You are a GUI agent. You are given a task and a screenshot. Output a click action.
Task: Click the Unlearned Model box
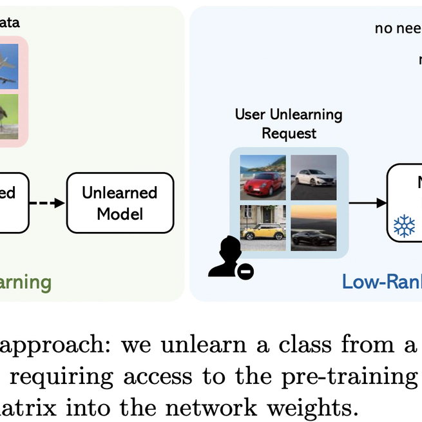pos(120,202)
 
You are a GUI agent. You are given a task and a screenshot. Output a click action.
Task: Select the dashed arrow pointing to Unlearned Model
pos(48,203)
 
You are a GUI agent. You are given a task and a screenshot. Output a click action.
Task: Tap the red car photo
pos(263,177)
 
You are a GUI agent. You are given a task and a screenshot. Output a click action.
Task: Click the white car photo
pos(313,177)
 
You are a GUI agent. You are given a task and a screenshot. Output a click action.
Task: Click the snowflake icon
pos(405,225)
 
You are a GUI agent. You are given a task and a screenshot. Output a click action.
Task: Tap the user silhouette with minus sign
pos(230,258)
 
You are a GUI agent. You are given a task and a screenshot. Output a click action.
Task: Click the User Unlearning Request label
pos(288,124)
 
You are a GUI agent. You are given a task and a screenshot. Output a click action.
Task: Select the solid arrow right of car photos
pos(367,204)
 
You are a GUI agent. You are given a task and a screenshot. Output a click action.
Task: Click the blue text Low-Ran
pos(381,282)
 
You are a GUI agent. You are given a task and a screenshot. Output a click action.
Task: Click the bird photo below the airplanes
pos(9,116)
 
